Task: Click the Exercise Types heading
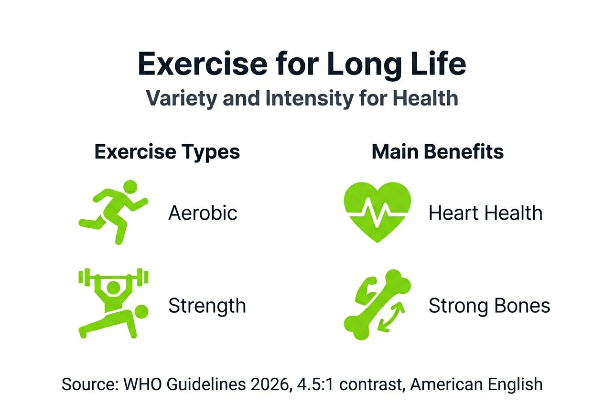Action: [167, 152]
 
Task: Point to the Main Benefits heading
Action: [437, 152]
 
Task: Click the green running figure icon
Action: [113, 211]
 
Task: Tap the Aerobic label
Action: [203, 213]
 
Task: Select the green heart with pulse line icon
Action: [377, 211]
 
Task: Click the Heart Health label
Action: [485, 213]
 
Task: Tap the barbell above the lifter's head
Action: [113, 277]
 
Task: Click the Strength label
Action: [207, 306]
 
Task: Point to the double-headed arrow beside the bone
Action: [392, 317]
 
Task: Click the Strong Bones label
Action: [489, 306]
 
